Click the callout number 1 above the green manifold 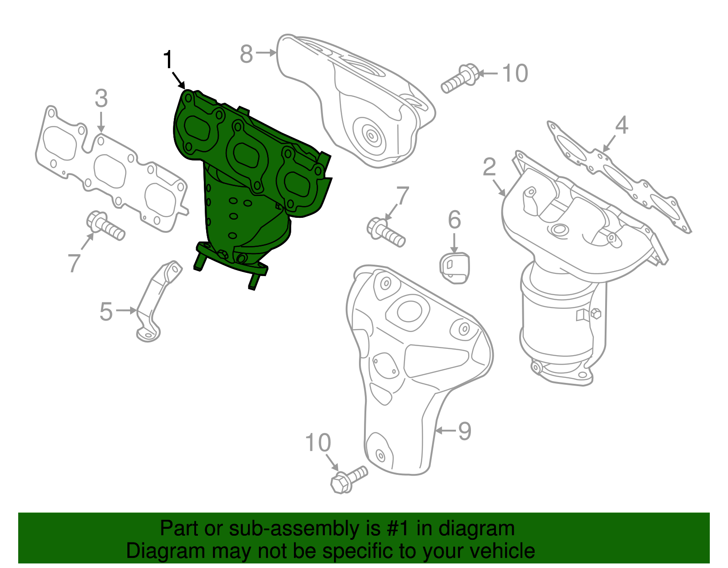[x=168, y=60]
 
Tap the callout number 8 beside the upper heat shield [x=246, y=54]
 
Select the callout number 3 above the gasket [x=101, y=99]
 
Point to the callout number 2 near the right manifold [x=490, y=167]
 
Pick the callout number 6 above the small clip [x=454, y=221]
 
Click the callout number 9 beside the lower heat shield [x=464, y=431]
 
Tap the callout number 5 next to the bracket [x=106, y=312]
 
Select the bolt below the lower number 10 [x=349, y=479]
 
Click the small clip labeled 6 [x=455, y=268]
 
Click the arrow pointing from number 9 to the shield [x=445, y=430]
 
